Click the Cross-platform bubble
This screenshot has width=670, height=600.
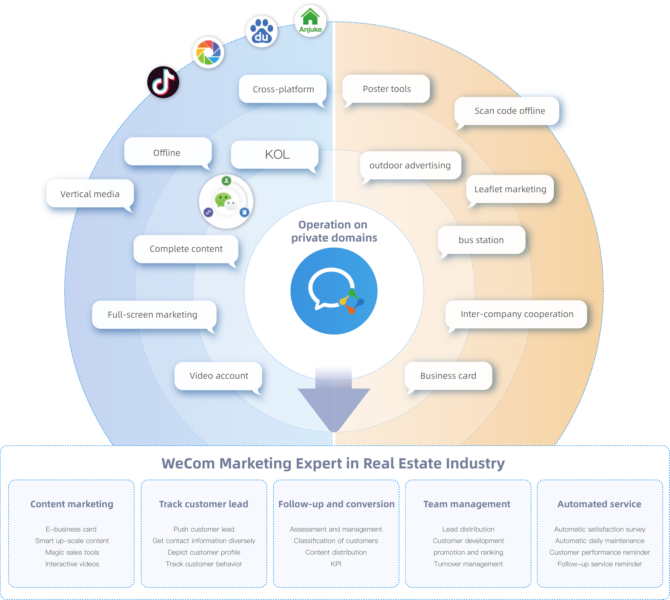283,89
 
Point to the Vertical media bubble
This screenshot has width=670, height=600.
90,194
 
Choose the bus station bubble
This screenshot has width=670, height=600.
481,240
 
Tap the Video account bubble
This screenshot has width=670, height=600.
219,376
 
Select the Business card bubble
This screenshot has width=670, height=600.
448,376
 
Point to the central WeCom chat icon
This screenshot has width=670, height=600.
334,291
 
